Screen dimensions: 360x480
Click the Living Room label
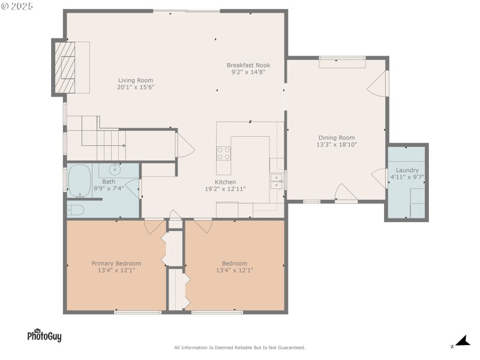tap(135, 80)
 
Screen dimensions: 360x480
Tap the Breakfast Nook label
tap(248, 65)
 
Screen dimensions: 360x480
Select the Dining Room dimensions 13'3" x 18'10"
tap(337, 145)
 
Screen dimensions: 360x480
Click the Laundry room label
tap(407, 170)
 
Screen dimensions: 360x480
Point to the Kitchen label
tap(226, 182)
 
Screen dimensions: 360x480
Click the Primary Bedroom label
tap(116, 263)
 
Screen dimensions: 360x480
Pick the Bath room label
tap(109, 181)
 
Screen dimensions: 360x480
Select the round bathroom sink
tap(115, 170)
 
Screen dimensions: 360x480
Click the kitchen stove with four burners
tap(223, 153)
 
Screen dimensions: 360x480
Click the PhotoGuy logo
tap(44, 335)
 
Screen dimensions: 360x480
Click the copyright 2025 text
tap(17, 5)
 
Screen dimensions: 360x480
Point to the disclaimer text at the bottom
tap(239, 347)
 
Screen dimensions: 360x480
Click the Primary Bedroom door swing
tap(154, 227)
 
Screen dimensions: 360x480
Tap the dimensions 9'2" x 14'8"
tap(248, 72)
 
